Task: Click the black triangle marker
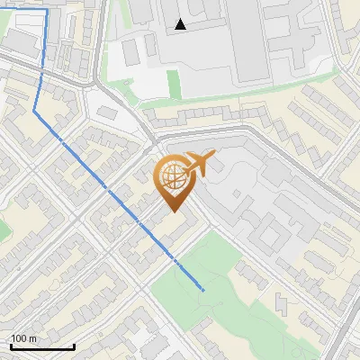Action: click(x=181, y=25)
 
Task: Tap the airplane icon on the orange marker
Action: click(x=199, y=164)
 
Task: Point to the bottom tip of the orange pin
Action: click(x=173, y=212)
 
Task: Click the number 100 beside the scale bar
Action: click(x=20, y=337)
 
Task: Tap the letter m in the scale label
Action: click(x=33, y=337)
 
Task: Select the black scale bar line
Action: click(x=42, y=346)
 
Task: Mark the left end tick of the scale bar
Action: click(x=12, y=345)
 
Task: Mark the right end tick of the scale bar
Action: click(x=74, y=345)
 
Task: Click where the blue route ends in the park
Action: click(x=203, y=291)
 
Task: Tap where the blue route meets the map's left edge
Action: click(x=1, y=10)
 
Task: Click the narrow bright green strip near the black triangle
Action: click(x=174, y=83)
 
